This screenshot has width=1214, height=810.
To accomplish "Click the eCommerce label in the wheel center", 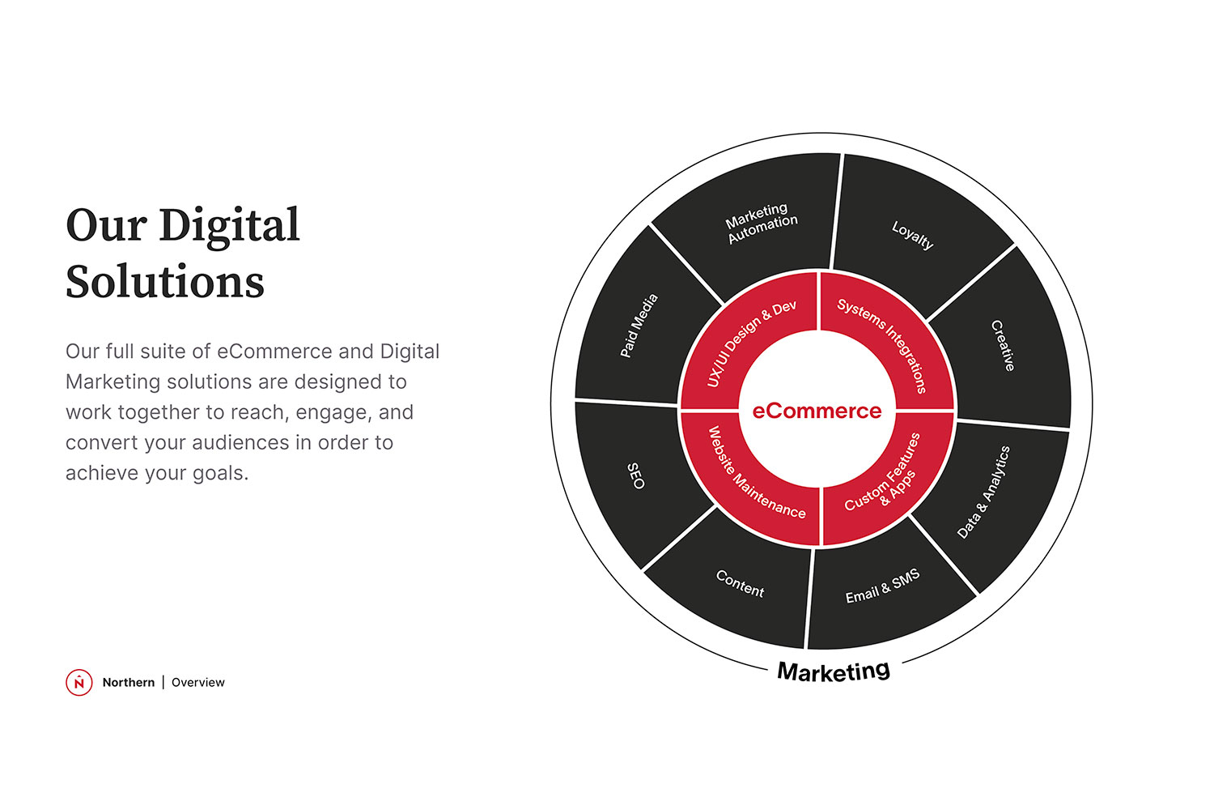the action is click(x=817, y=411).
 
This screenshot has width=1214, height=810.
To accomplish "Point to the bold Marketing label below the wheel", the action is click(x=834, y=671).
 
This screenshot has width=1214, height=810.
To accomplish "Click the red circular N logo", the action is click(x=79, y=682).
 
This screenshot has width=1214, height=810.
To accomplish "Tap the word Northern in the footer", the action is click(x=129, y=682).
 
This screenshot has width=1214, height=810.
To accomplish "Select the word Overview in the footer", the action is click(x=197, y=682).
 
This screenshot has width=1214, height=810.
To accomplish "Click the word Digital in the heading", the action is click(x=229, y=226).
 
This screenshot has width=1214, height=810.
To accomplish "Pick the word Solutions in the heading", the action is click(x=165, y=281).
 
